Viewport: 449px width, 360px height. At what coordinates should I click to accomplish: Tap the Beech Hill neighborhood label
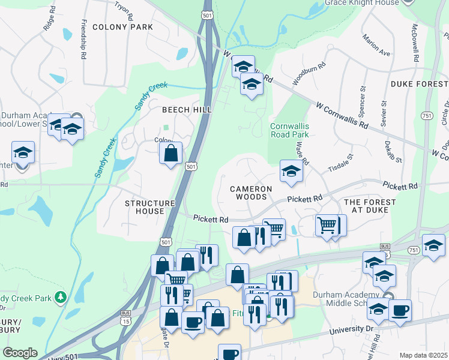point(187,110)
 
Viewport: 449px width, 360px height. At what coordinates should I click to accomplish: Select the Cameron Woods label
point(251,193)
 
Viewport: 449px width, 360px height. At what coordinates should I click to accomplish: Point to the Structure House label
point(149,207)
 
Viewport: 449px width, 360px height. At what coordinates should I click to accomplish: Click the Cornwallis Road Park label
point(289,130)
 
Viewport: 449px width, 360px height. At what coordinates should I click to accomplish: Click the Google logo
point(20,353)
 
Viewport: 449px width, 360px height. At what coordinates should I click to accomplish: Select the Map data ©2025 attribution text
point(424,355)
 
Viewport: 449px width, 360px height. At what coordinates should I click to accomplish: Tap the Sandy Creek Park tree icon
point(60,297)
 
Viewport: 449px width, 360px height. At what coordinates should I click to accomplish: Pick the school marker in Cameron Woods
point(291,172)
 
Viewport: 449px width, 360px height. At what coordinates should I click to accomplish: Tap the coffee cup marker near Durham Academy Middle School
point(400,310)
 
